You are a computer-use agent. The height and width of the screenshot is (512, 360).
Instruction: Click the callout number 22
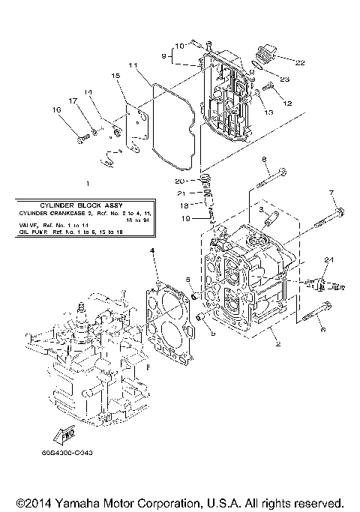[301, 63]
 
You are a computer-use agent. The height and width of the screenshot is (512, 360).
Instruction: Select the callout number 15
[116, 76]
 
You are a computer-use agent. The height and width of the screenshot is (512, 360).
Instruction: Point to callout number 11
[132, 67]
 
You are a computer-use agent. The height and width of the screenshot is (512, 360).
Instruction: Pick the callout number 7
[331, 193]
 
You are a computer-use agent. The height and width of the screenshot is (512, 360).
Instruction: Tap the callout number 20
[179, 181]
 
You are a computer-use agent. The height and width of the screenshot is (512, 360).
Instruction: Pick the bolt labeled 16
[82, 137]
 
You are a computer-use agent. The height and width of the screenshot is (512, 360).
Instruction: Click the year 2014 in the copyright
[28, 503]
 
